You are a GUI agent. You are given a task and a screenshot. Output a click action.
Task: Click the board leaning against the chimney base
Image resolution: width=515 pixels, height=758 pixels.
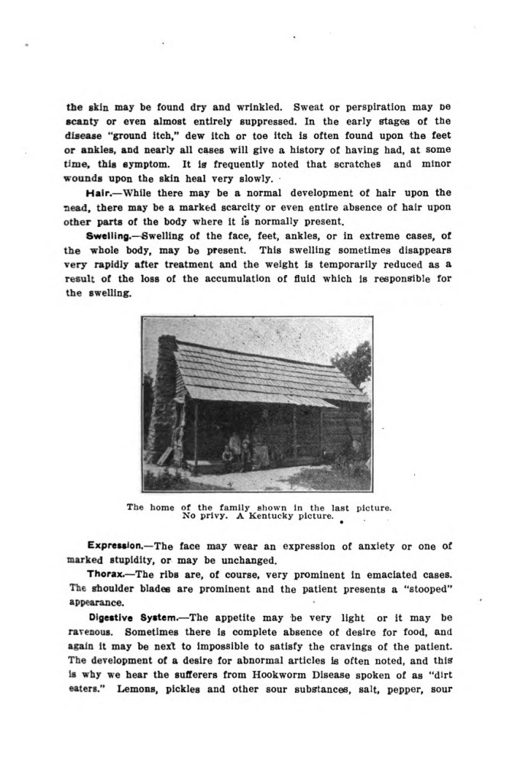coord(165,455)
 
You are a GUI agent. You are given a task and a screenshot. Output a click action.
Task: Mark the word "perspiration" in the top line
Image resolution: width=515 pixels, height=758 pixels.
coord(364,107)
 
